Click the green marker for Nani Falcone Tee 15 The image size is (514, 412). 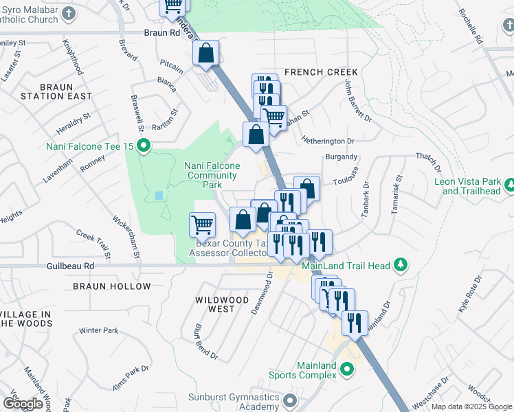click(144, 145)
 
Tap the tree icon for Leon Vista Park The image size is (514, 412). click(510, 185)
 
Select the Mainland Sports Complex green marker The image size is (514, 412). click(347, 369)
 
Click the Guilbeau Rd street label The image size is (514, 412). click(71, 265)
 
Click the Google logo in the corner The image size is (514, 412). click(22, 404)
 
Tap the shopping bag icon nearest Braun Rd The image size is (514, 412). click(205, 54)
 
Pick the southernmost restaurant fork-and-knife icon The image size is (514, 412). click(355, 323)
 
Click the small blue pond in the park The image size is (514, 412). click(159, 196)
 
